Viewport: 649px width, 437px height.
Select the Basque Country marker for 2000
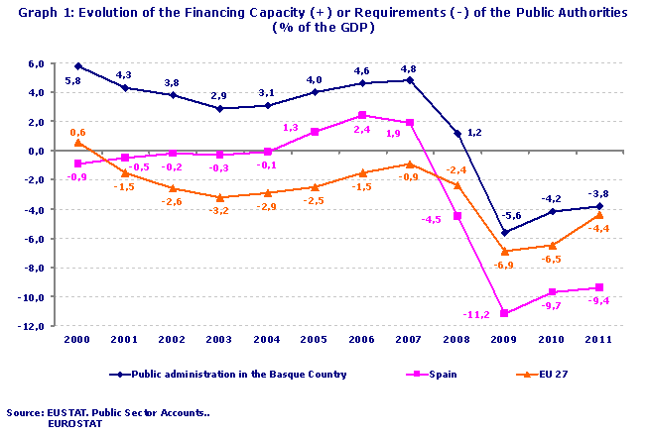78,66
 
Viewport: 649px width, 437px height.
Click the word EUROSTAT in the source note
74,423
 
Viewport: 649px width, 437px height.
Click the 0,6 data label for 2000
78,132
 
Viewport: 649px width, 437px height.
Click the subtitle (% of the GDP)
324,28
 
